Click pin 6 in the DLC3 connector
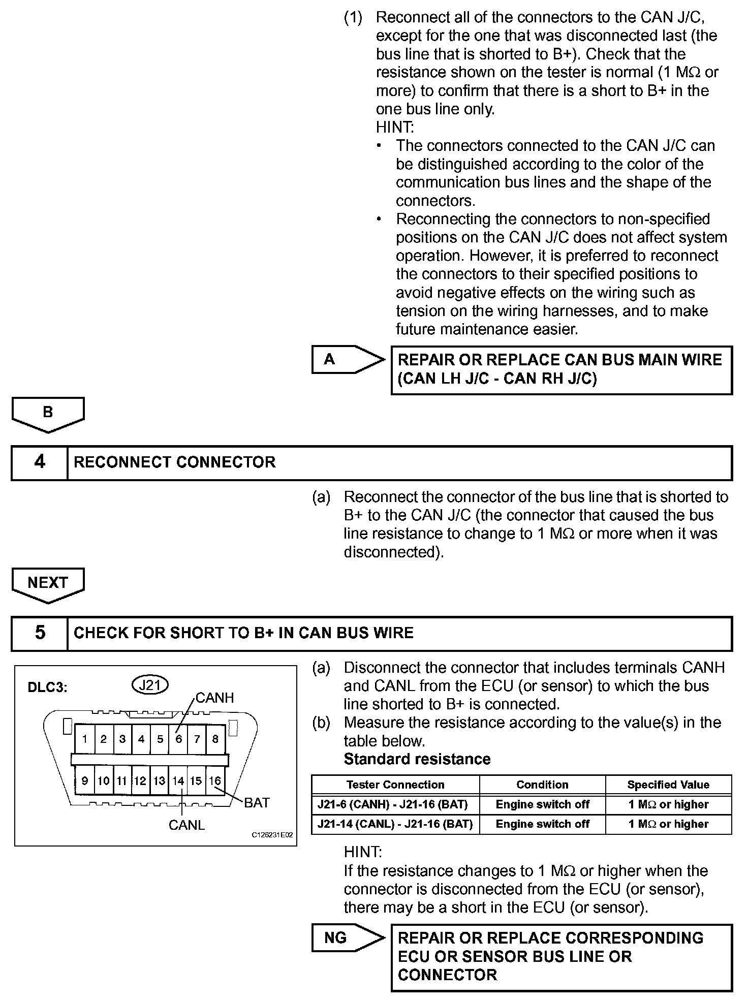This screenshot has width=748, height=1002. click(178, 739)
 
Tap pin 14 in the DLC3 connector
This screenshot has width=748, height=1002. click(178, 780)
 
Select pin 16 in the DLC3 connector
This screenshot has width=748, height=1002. click(215, 780)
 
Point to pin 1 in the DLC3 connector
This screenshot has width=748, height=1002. click(84, 739)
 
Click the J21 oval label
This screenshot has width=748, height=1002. click(150, 685)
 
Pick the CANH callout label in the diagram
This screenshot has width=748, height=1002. click(214, 698)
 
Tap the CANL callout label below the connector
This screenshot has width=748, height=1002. click(186, 825)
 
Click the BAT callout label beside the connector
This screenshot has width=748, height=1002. click(257, 802)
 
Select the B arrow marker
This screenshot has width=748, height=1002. click(48, 413)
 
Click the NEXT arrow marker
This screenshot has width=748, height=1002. click(48, 583)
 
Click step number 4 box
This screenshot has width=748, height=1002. click(40, 462)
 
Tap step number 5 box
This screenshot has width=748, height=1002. click(40, 633)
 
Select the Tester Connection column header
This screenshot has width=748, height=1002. click(395, 785)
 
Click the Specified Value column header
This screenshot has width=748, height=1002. click(668, 785)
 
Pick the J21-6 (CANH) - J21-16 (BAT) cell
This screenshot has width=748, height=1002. click(395, 804)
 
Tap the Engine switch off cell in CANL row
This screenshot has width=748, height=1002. click(542, 824)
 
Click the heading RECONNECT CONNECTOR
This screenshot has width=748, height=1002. click(175, 462)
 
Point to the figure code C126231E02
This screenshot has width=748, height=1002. click(272, 835)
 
